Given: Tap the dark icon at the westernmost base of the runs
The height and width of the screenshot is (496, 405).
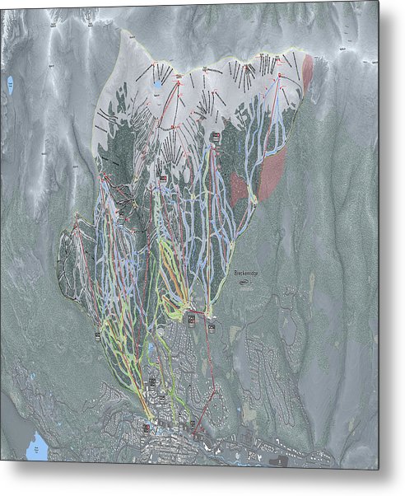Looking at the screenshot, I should point(98,336).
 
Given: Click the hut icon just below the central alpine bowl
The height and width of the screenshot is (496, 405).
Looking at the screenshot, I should point(215,137).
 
